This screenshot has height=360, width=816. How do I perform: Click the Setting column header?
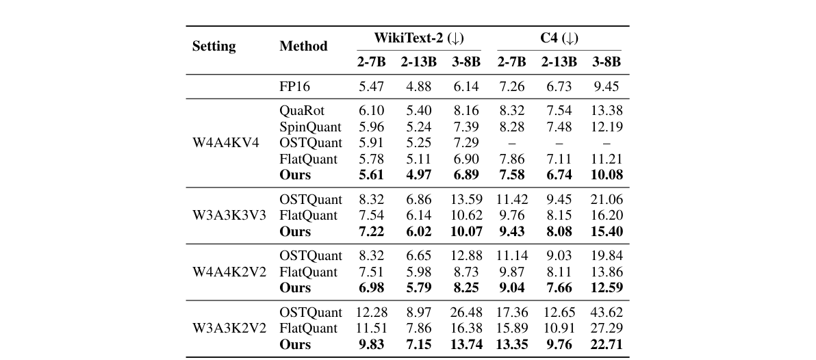point(214,47)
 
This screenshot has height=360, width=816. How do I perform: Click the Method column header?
point(303,47)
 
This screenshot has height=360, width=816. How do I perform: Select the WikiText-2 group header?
point(418,38)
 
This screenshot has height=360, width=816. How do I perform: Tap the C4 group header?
point(559,38)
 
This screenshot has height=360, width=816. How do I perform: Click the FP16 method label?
point(295,87)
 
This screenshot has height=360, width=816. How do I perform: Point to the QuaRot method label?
point(302,111)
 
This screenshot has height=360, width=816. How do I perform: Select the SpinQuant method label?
point(310,127)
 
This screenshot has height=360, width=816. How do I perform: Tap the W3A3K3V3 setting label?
point(228,216)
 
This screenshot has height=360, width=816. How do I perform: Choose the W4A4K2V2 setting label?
point(228,272)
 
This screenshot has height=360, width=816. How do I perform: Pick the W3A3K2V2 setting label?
point(228,329)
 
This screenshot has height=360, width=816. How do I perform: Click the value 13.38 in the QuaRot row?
point(606,111)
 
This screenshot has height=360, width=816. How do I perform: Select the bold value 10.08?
point(606,175)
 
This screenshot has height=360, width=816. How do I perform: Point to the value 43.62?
point(606,312)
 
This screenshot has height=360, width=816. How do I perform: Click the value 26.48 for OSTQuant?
point(466,312)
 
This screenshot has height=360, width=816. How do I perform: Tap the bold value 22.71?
point(606,344)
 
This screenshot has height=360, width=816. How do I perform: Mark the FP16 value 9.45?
point(606,87)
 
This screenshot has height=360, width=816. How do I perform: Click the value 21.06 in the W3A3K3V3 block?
point(606,200)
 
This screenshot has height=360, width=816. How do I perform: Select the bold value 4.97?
point(418,175)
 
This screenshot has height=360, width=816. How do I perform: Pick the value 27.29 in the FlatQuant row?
point(606,329)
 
